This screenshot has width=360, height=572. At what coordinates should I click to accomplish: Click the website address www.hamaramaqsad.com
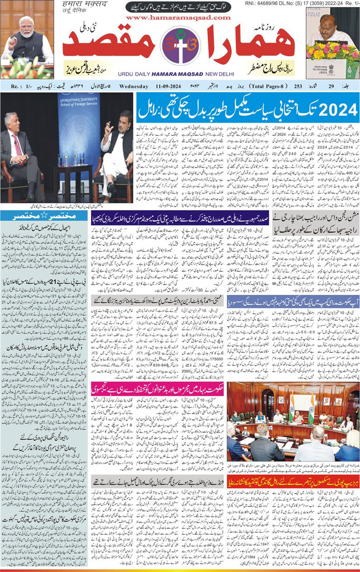[180, 18]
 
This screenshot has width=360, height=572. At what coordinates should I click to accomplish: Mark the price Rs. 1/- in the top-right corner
[349, 4]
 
